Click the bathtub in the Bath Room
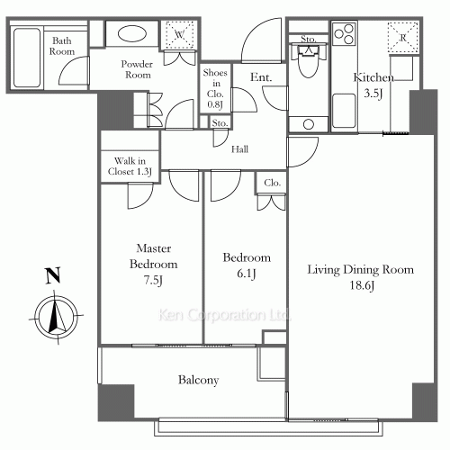pyautogui.click(x=27, y=58)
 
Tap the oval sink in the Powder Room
pyautogui.click(x=132, y=33)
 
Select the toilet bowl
pyautogui.click(x=309, y=64)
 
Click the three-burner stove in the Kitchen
pyautogui.click(x=345, y=33)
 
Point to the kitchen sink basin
pyautogui.click(x=344, y=111)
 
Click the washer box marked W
pyautogui.click(x=179, y=35)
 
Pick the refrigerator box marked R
pyautogui.click(x=402, y=38)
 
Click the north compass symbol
pyautogui.click(x=56, y=317)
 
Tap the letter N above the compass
pyautogui.click(x=53, y=275)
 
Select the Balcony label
pyautogui.click(x=198, y=380)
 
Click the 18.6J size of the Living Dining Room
pyautogui.click(x=362, y=285)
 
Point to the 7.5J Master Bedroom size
pyautogui.click(x=153, y=280)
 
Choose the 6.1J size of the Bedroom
pyautogui.click(x=246, y=274)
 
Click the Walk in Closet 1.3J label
pyautogui.click(x=130, y=166)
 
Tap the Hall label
pyautogui.click(x=239, y=149)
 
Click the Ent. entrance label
pyautogui.click(x=261, y=77)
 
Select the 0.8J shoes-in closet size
pyautogui.click(x=215, y=104)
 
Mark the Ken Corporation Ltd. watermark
pyautogui.click(x=224, y=315)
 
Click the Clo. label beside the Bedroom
pyautogui.click(x=273, y=183)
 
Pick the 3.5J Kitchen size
pyautogui.click(x=373, y=94)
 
